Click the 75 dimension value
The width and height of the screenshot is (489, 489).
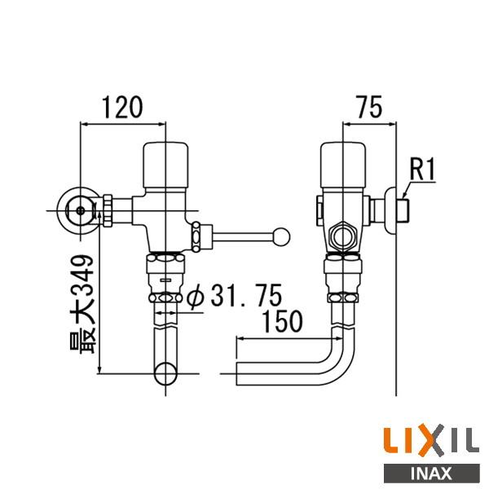tap(371, 107)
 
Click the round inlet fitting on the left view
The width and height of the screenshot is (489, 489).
tap(79, 211)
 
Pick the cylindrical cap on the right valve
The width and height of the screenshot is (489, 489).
tap(343, 163)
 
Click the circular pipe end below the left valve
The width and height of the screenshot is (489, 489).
tap(167, 376)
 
